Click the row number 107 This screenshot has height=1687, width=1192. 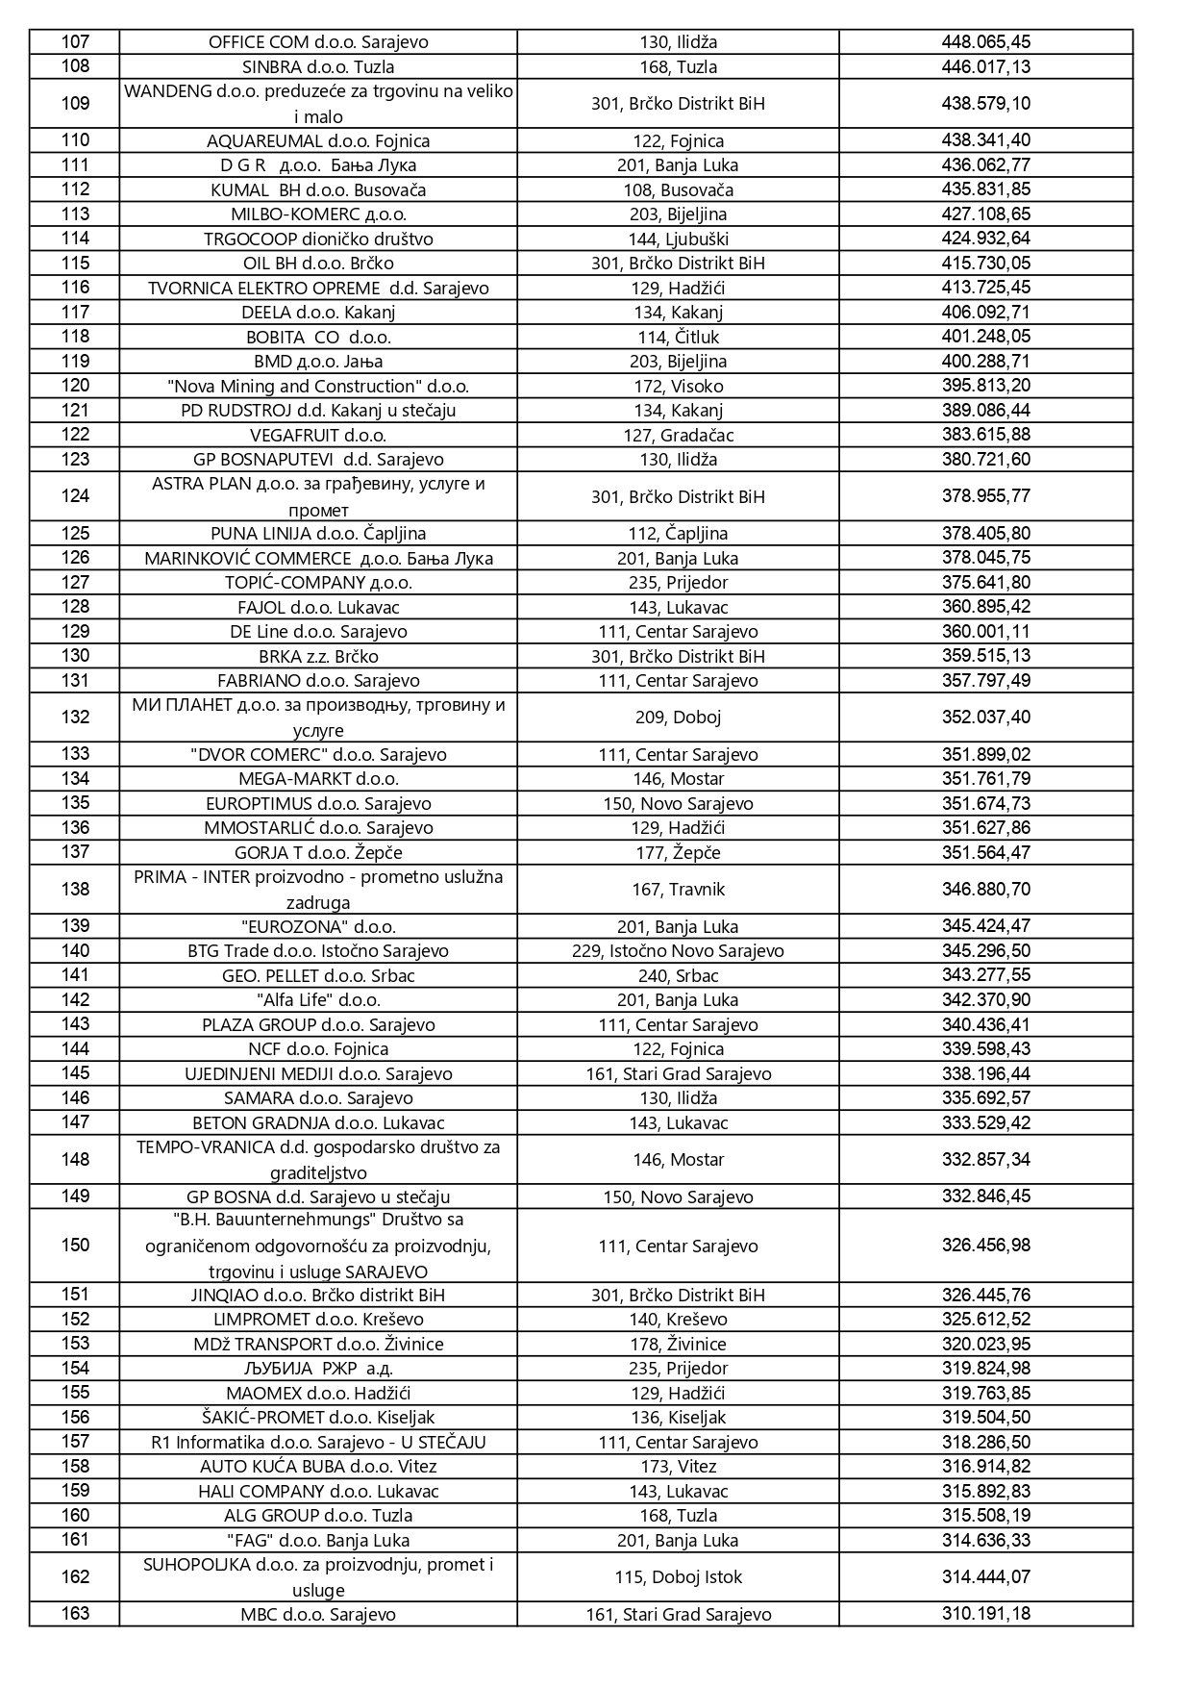[75, 41]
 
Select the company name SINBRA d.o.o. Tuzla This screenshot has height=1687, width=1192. [318, 66]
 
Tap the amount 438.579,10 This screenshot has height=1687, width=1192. [985, 103]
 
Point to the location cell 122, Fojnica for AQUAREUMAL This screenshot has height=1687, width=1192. [678, 140]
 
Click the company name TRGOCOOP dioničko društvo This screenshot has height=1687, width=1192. [318, 239]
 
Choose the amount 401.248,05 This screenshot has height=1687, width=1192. [985, 337]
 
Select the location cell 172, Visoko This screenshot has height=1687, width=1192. [678, 386]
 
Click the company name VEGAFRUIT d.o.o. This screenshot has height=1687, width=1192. [318, 435]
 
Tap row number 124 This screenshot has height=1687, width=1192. [75, 496]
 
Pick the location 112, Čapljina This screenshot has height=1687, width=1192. [678, 533]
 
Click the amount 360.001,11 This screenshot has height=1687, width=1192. [985, 631]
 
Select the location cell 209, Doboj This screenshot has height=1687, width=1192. [678, 717]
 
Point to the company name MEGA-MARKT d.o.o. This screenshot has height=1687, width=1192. [318, 778]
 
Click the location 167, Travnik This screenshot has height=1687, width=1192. [678, 889]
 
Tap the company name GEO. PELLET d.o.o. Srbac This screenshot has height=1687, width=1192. [318, 975]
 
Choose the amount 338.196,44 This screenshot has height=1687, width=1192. [985, 1073]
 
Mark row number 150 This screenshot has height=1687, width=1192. [75, 1245]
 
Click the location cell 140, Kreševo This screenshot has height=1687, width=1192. [678, 1319]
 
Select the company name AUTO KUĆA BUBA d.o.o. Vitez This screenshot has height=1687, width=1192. [318, 1466]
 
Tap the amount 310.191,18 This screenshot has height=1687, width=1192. [985, 1614]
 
